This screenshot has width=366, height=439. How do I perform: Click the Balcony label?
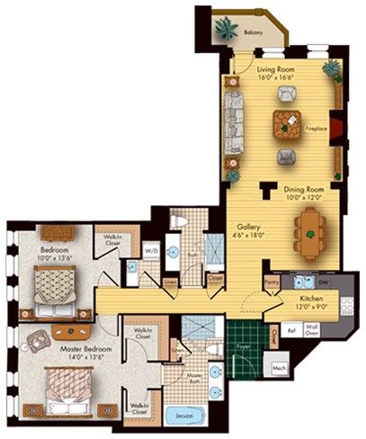254,33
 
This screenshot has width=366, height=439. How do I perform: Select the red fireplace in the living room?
335,128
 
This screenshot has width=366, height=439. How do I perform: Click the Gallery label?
249,227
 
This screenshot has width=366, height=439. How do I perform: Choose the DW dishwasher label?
324,282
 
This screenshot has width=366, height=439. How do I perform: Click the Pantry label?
271,282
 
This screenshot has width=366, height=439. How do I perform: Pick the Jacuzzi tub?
185,418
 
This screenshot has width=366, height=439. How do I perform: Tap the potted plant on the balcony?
222,26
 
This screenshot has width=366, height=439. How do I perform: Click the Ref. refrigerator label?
290,329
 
